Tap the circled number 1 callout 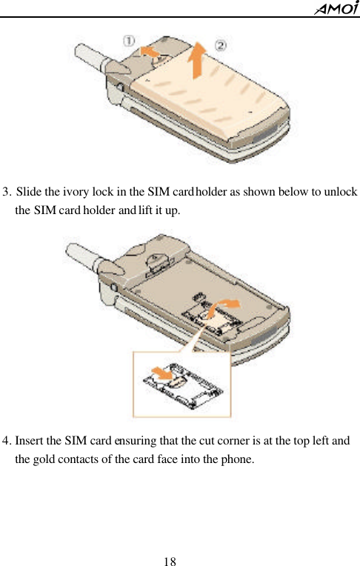[x=130, y=40]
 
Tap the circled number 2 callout [x=221, y=45]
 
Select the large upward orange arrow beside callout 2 [x=199, y=60]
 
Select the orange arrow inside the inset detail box [x=159, y=370]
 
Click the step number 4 [x=7, y=442]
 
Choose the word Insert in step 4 [x=30, y=442]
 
